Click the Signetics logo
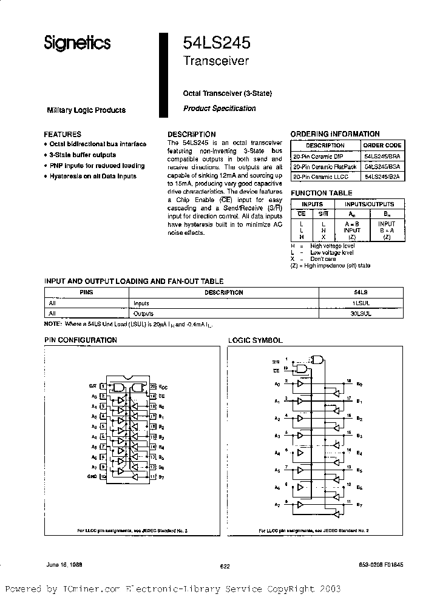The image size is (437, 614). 76,42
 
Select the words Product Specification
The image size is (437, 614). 219,109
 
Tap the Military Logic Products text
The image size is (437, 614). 86,110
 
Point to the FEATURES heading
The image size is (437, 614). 63,134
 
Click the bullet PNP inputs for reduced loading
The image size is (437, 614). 97,166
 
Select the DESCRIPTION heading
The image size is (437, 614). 191,134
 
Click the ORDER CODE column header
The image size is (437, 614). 382,146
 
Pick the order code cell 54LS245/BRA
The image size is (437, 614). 382,156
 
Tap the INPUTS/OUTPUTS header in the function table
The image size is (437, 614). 369,204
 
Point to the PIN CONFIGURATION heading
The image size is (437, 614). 81,340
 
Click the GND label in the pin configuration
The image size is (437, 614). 92,477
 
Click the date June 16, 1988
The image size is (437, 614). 64,564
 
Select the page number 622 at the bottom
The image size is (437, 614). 225,566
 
